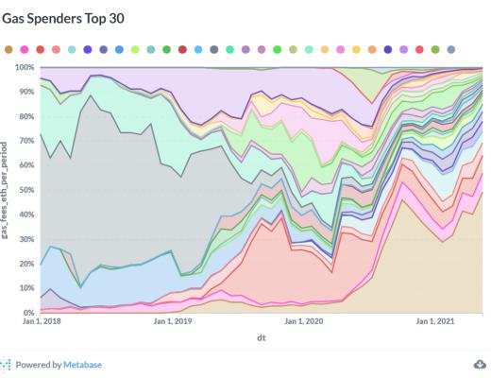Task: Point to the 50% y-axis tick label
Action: (x=25, y=190)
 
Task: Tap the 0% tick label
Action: (x=28, y=312)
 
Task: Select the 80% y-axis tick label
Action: (x=25, y=117)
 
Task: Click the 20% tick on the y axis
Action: (x=25, y=264)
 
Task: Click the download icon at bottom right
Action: (x=479, y=364)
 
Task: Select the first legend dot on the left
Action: (x=8, y=48)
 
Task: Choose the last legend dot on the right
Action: (x=451, y=48)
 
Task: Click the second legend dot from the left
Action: (x=25, y=48)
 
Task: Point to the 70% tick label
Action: (x=25, y=142)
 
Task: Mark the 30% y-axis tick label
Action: (x=25, y=239)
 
